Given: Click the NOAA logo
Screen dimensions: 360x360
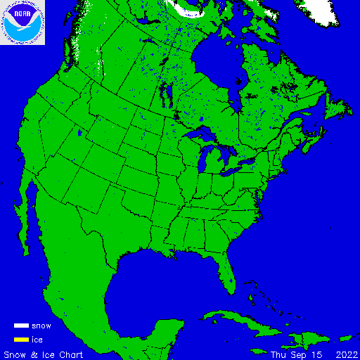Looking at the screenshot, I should pos(22,22).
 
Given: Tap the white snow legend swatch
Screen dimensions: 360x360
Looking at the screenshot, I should pos(21,326).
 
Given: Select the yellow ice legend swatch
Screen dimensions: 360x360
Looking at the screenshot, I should pos(21,340).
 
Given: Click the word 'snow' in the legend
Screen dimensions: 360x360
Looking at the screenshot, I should pos(41,326).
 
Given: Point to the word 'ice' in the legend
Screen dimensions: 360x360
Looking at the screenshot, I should pos(37,340).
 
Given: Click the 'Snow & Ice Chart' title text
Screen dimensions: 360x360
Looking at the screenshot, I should pos(44,354).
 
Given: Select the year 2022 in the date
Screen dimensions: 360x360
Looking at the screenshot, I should pos(347,354).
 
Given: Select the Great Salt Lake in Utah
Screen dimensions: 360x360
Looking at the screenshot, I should pos(82,133).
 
